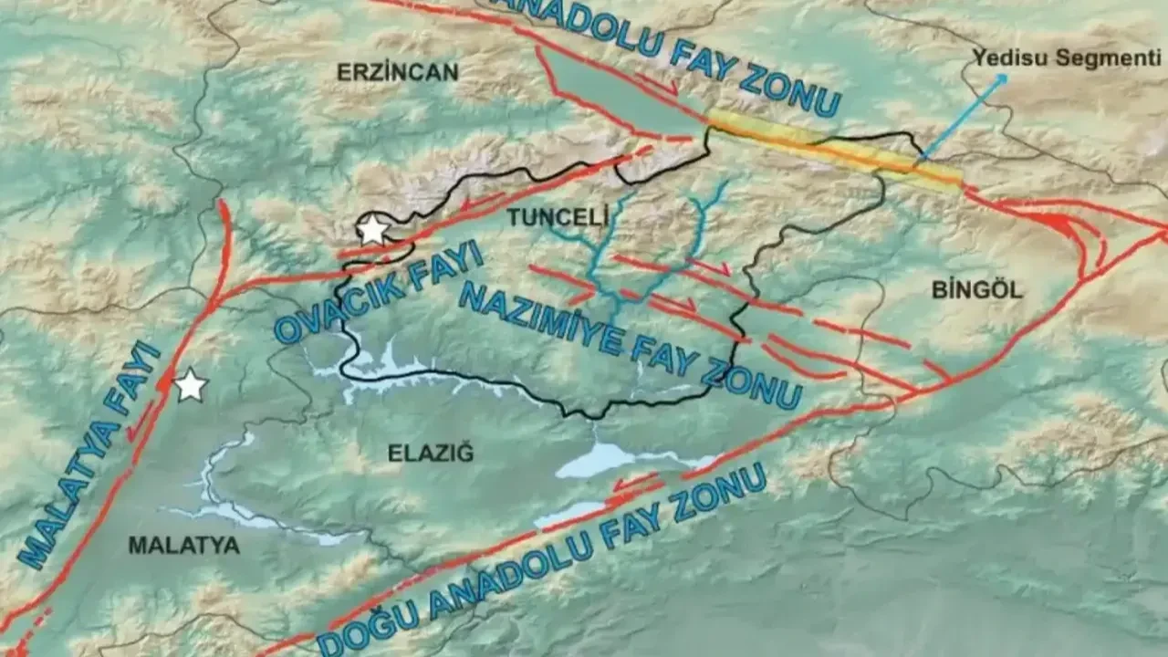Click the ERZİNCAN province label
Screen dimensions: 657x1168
coord(397,72)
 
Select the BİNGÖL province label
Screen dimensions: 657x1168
coord(977,291)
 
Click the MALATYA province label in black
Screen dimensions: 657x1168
coord(183,546)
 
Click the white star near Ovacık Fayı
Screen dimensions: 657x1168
coord(371,230)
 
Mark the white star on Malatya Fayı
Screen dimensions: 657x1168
coord(190,386)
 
